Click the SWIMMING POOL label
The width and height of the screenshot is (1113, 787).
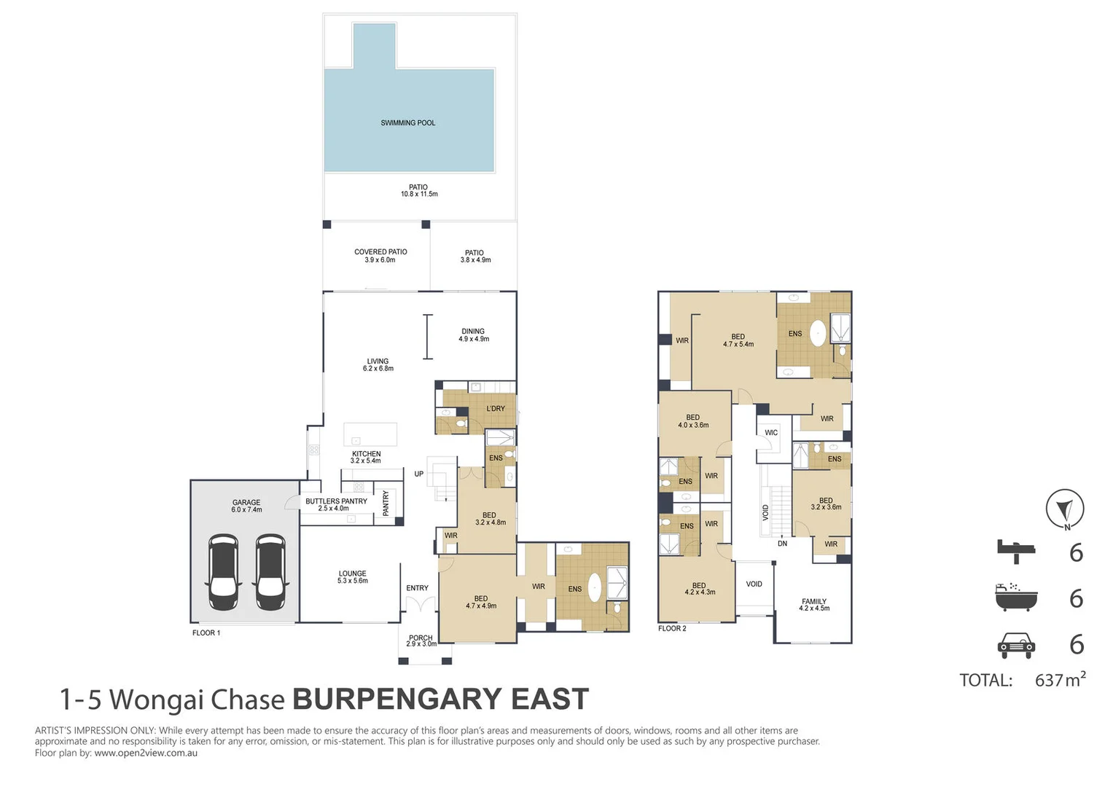click(407, 123)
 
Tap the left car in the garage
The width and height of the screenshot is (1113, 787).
click(223, 572)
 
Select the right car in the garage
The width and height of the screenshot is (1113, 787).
click(270, 572)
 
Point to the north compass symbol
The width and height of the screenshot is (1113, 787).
click(1065, 509)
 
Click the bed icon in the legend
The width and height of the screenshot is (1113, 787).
click(1016, 552)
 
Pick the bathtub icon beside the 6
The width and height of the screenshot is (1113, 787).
click(1016, 597)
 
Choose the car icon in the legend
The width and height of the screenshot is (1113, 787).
click(1016, 644)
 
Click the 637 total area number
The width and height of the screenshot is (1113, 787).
click(1049, 681)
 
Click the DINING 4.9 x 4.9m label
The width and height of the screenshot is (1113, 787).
click(473, 335)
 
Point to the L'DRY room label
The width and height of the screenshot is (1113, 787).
click(496, 409)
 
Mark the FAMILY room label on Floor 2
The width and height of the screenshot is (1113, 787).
click(814, 605)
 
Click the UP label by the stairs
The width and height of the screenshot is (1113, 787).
click(419, 474)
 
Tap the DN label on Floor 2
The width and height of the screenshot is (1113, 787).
click(782, 544)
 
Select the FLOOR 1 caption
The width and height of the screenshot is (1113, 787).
click(206, 633)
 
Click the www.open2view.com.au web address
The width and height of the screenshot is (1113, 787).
click(146, 753)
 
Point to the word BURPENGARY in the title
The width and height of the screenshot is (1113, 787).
click(397, 700)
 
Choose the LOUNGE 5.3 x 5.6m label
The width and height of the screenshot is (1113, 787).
click(352, 577)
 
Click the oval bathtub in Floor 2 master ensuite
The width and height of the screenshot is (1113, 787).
click(819, 333)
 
